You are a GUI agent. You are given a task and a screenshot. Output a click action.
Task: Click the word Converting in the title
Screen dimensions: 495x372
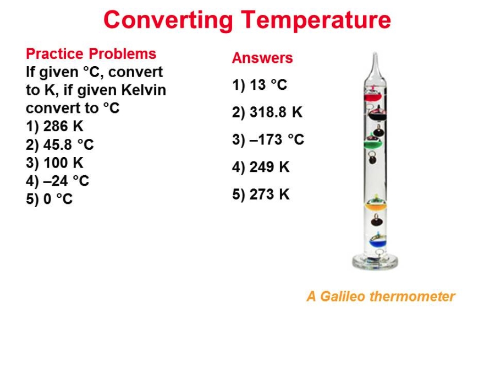point(168,21)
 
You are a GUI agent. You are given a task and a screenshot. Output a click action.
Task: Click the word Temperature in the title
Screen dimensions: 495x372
point(317,20)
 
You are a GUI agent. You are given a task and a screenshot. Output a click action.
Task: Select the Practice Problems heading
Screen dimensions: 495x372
point(91,54)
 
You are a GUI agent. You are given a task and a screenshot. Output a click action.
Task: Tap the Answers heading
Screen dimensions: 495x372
point(262,58)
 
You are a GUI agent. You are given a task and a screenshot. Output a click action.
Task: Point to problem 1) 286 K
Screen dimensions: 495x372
point(54,126)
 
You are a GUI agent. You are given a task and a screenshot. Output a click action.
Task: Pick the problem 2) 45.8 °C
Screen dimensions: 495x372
point(60,144)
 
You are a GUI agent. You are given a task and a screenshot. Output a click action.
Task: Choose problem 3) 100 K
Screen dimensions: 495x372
point(54,163)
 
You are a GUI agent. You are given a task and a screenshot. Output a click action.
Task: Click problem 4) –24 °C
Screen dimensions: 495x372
point(57,181)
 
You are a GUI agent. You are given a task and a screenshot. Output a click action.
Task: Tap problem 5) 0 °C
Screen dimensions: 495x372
point(50,199)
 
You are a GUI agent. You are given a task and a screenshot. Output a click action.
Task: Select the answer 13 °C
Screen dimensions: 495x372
point(268,85)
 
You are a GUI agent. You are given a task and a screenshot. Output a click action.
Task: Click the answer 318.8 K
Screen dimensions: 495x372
point(276,112)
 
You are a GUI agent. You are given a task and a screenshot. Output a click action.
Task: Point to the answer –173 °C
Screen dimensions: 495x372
point(277,139)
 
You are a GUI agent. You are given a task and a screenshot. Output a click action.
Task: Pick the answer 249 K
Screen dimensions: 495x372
point(269,167)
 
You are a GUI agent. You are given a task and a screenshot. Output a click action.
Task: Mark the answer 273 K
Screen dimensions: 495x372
point(269,194)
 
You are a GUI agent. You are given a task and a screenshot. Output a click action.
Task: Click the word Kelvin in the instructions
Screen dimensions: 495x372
point(144,90)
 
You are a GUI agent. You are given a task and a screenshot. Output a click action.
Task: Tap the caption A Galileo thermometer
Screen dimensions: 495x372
point(381,296)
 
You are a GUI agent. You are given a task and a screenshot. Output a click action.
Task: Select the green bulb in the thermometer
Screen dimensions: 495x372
point(373,143)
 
